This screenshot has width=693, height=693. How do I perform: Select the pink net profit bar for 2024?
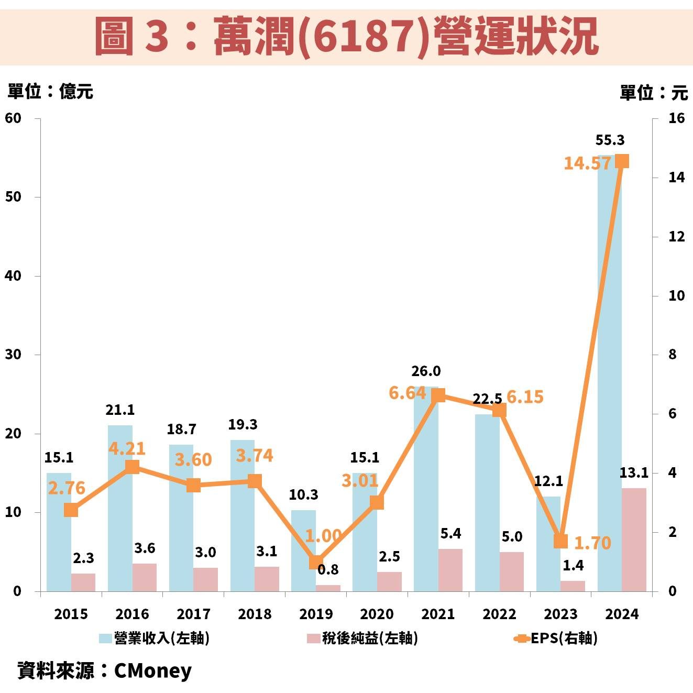coord(634,540)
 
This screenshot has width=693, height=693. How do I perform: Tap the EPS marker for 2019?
coord(316,562)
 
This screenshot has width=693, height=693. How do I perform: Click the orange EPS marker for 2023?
coord(561,541)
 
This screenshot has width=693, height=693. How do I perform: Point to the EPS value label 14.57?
coord(587,163)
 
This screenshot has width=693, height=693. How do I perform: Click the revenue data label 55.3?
coord(610,140)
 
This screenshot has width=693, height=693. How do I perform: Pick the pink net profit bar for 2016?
coord(145,577)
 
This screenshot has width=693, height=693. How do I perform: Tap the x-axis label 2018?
coord(255,614)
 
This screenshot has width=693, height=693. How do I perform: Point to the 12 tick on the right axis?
coord(676,237)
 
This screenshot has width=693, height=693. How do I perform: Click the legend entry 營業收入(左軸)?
coord(161,638)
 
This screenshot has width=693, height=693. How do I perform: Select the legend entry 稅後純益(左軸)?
coord(369,638)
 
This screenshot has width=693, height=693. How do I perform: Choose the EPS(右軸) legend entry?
coord(563,638)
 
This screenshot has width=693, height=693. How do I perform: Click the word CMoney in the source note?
coord(152,670)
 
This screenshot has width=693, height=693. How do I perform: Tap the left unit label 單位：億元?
coord(50,92)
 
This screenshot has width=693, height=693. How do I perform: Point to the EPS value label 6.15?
coord(525,397)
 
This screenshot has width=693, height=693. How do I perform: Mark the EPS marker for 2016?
coord(132,467)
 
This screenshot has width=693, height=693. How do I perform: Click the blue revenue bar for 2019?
coord(303,550)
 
